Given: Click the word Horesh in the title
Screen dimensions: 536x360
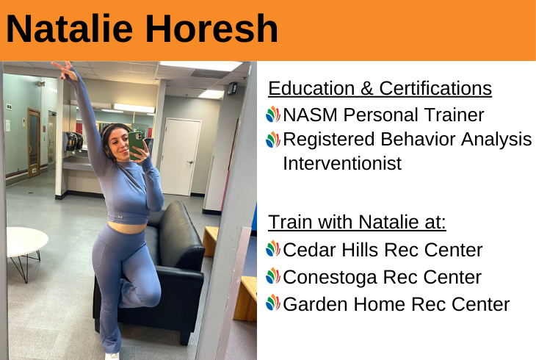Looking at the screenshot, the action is [212, 29].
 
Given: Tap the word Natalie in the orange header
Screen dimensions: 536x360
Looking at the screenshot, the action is [70, 29].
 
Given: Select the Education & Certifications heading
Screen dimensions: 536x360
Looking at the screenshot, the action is [380, 88].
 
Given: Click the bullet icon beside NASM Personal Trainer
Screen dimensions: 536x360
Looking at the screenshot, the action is [273, 115].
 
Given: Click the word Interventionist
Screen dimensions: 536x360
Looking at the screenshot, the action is [342, 163].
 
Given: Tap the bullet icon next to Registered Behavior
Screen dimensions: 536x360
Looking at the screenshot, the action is [273, 140].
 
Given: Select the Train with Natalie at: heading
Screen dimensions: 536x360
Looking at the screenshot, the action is [357, 222].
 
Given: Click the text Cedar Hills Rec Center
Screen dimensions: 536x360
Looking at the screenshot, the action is [383, 250].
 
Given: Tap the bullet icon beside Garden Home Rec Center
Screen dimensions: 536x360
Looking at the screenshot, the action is [273, 303].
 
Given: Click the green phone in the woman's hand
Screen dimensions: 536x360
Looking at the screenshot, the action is [136, 145].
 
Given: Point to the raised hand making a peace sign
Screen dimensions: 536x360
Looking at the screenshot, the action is [65, 70].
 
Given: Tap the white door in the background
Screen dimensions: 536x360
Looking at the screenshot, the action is [180, 157].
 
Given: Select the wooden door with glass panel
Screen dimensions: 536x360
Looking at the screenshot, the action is [34, 143].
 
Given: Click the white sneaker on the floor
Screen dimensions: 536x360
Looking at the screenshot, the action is [112, 356].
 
